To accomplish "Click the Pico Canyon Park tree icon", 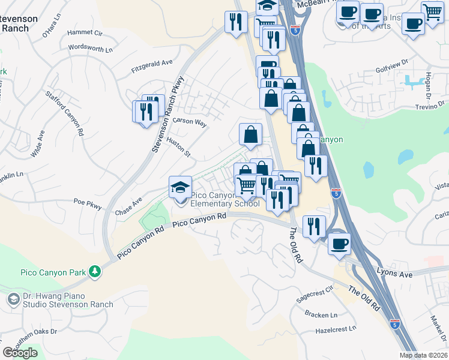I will click(94, 272).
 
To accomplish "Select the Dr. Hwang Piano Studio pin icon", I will click(13, 298).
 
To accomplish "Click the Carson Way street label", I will click(189, 122).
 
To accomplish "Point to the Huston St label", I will click(179, 147).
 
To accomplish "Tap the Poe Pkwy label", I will click(88, 203).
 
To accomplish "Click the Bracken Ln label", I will click(321, 314).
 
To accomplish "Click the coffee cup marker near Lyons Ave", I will click(340, 243).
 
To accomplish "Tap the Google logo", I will click(20, 353).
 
